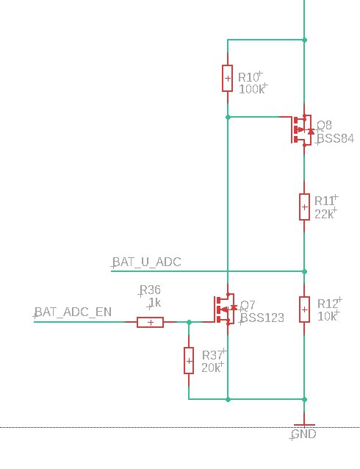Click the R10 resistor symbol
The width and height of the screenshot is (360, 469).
coord(227,79)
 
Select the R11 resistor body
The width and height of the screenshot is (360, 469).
coord(304,207)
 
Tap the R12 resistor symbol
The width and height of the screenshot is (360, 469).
coord(304,309)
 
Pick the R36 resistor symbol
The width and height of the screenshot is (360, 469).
coord(150,322)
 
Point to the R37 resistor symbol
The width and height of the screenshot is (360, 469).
coord(189,361)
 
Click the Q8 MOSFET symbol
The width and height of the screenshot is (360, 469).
coord(302,130)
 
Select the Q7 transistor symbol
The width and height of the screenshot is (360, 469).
coord(226,309)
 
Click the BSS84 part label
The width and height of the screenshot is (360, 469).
coord(336,138)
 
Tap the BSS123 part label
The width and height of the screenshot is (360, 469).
coord(262,318)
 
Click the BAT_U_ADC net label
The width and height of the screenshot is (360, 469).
coord(147,262)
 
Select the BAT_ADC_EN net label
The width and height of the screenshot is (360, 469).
coord(73,312)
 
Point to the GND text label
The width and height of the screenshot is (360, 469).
coord(303,434)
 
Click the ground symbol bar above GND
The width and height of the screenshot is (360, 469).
coord(304,425)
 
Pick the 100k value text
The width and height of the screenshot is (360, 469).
coord(252,89)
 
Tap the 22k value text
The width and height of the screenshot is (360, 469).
coord(324,214)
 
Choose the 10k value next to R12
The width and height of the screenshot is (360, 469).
coord(327,316)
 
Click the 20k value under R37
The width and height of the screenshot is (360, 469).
coord(211,368)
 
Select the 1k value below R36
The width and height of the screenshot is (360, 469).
coord(155,303)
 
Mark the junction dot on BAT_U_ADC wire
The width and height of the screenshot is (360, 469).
coord(304,271)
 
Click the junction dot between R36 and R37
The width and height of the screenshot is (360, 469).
coord(189,322)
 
